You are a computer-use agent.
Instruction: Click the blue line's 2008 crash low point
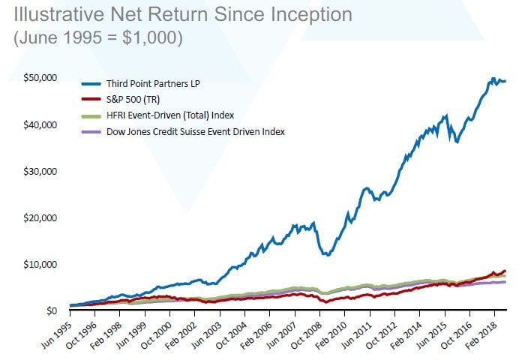(x=325, y=255)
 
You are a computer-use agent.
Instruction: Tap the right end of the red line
(x=505, y=271)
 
